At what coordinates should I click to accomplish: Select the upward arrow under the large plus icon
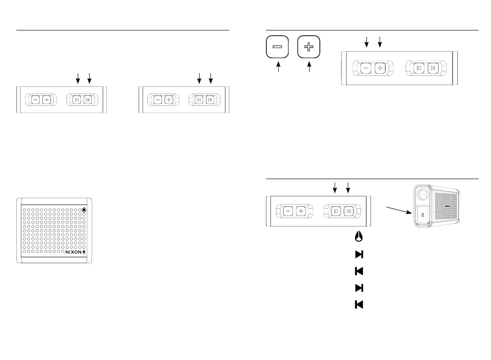point(310,68)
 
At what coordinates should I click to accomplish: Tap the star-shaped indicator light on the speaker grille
point(84,210)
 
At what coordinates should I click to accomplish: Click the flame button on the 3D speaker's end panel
point(422,215)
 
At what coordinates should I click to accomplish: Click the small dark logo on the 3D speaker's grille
point(448,205)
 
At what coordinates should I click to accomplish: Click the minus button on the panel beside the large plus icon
point(366,68)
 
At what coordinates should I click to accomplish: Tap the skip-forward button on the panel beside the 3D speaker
point(348,211)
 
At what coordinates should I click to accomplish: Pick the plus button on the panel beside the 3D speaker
point(301,211)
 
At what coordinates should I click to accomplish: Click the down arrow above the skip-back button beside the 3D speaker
point(335,187)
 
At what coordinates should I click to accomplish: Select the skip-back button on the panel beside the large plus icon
point(419,68)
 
